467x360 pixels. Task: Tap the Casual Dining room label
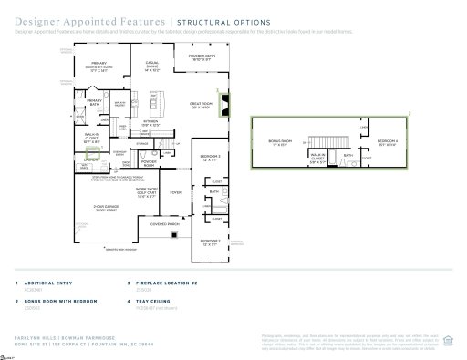coord(153,67)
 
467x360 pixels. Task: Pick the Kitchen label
coord(151,123)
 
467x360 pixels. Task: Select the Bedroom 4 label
coord(387,142)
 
